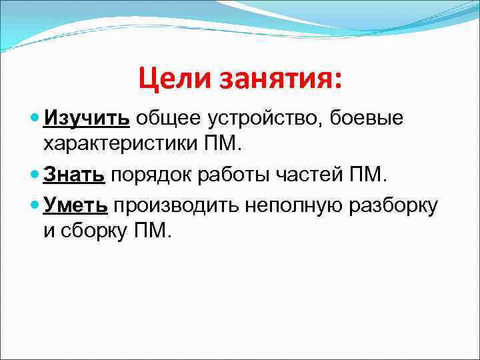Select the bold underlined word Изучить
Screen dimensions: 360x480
87,118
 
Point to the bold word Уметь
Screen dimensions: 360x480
75,205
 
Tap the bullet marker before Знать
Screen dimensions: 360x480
35,175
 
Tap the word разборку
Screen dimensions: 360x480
393,205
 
